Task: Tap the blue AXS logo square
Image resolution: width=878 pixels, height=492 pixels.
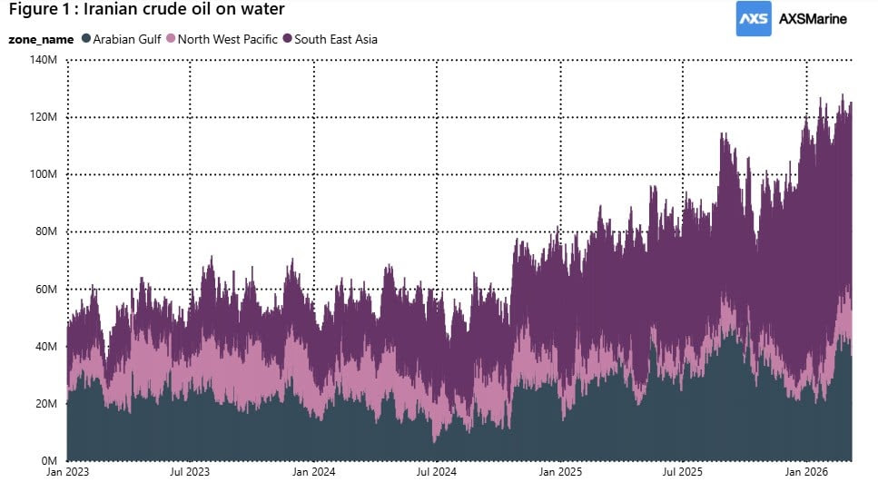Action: tap(754, 18)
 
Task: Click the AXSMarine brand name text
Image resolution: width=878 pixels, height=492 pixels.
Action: tap(813, 19)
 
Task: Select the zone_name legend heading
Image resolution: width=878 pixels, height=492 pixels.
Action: tap(41, 39)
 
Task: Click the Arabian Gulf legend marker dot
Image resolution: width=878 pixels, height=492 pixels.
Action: tap(86, 39)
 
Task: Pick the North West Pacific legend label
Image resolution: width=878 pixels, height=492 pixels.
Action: tap(228, 39)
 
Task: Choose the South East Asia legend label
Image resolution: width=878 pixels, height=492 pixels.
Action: tap(335, 39)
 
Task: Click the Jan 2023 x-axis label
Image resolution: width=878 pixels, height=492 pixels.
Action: tap(68, 473)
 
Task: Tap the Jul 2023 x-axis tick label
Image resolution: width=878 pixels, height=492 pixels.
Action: tap(190, 473)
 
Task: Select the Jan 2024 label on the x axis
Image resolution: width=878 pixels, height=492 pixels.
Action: tap(313, 473)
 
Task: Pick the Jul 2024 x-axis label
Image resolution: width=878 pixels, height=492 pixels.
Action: tap(437, 473)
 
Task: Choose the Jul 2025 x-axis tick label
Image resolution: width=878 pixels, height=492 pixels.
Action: tap(683, 473)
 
